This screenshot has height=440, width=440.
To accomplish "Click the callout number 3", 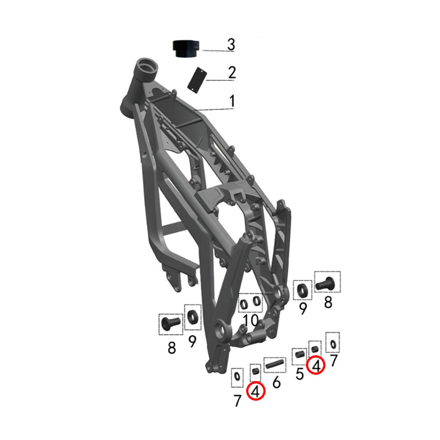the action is coord(231,44).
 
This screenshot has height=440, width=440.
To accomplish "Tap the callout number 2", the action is coord(232,73).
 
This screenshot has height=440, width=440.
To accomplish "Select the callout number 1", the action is coord(232,101).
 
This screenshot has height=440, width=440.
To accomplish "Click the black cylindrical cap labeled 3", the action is coord(186,48).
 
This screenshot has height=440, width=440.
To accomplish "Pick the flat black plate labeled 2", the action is coord(197,80).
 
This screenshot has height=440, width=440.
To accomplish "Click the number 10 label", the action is coord(251,320).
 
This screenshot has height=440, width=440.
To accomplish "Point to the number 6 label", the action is coord(276,382).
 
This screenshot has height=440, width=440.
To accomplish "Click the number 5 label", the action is coord(300,374).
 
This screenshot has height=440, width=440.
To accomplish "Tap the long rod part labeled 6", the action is coord(275,365).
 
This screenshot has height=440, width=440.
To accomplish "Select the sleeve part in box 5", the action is coord(299,355).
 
